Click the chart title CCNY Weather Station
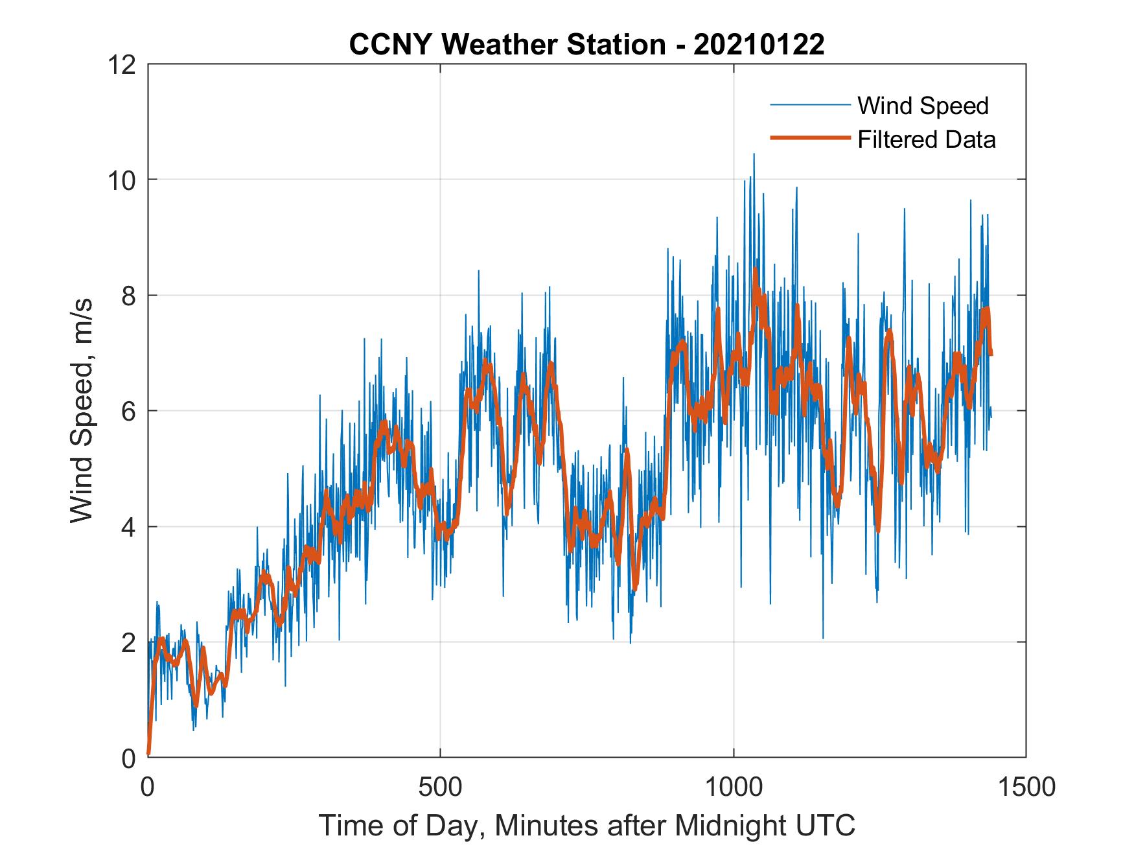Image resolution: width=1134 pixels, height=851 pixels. pos(507,45)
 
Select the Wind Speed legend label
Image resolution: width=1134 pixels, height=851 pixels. pos(923,106)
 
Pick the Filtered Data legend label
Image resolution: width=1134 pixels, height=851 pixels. pos(926,139)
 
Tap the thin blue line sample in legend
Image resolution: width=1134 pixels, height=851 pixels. pos(809,105)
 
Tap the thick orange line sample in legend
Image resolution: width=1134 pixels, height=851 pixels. pos(809,138)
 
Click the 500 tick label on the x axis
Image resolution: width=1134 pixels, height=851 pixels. pos(440,787)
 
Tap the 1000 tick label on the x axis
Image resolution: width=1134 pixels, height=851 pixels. pos(734,787)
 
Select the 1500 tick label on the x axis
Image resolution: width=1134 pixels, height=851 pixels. pos(1026,787)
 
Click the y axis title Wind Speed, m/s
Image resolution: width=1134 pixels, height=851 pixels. pos(82,410)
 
